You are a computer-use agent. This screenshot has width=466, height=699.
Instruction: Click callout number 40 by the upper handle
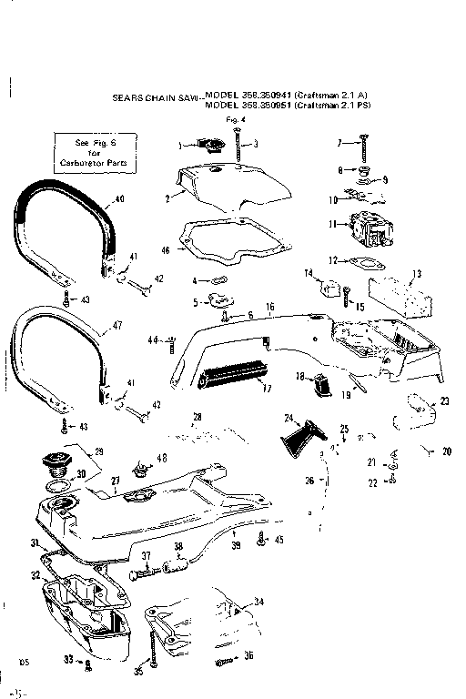coord(120,199)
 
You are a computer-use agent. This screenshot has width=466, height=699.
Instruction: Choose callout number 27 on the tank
coord(116,479)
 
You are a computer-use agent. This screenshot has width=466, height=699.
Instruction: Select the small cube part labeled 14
coord(322,289)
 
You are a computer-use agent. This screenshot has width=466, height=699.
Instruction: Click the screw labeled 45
coord(262,539)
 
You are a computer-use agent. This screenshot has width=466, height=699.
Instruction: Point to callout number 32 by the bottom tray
coord(35,575)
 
